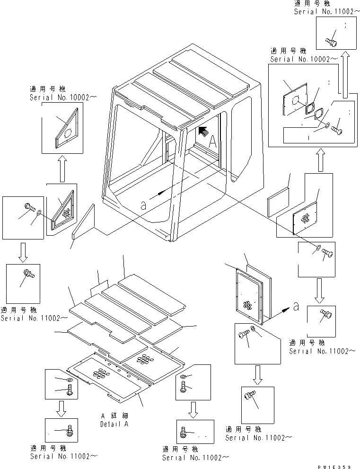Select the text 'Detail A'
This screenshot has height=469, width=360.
pos(114,424)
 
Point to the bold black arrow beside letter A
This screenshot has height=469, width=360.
pos(202,131)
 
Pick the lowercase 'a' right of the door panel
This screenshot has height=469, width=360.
pos(296,306)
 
